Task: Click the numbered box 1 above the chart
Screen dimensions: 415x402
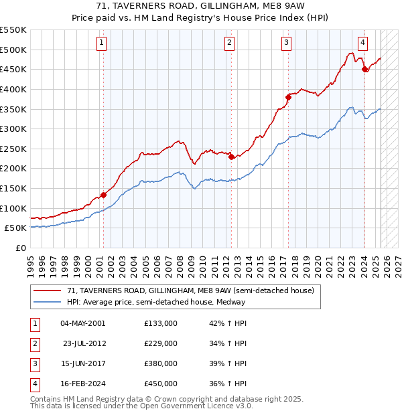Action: [x=101, y=43]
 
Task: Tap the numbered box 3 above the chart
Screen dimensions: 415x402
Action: [x=286, y=43]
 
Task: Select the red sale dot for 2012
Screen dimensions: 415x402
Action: [x=231, y=157]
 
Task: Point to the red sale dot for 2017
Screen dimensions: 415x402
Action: [x=288, y=96]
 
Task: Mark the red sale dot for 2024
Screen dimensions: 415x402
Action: [x=364, y=69]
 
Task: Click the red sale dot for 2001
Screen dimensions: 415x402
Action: [x=103, y=195]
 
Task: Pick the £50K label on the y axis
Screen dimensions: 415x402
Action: [x=16, y=228]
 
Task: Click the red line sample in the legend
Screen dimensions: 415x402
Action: [x=48, y=290]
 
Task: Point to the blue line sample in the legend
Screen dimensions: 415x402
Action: [x=48, y=302]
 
